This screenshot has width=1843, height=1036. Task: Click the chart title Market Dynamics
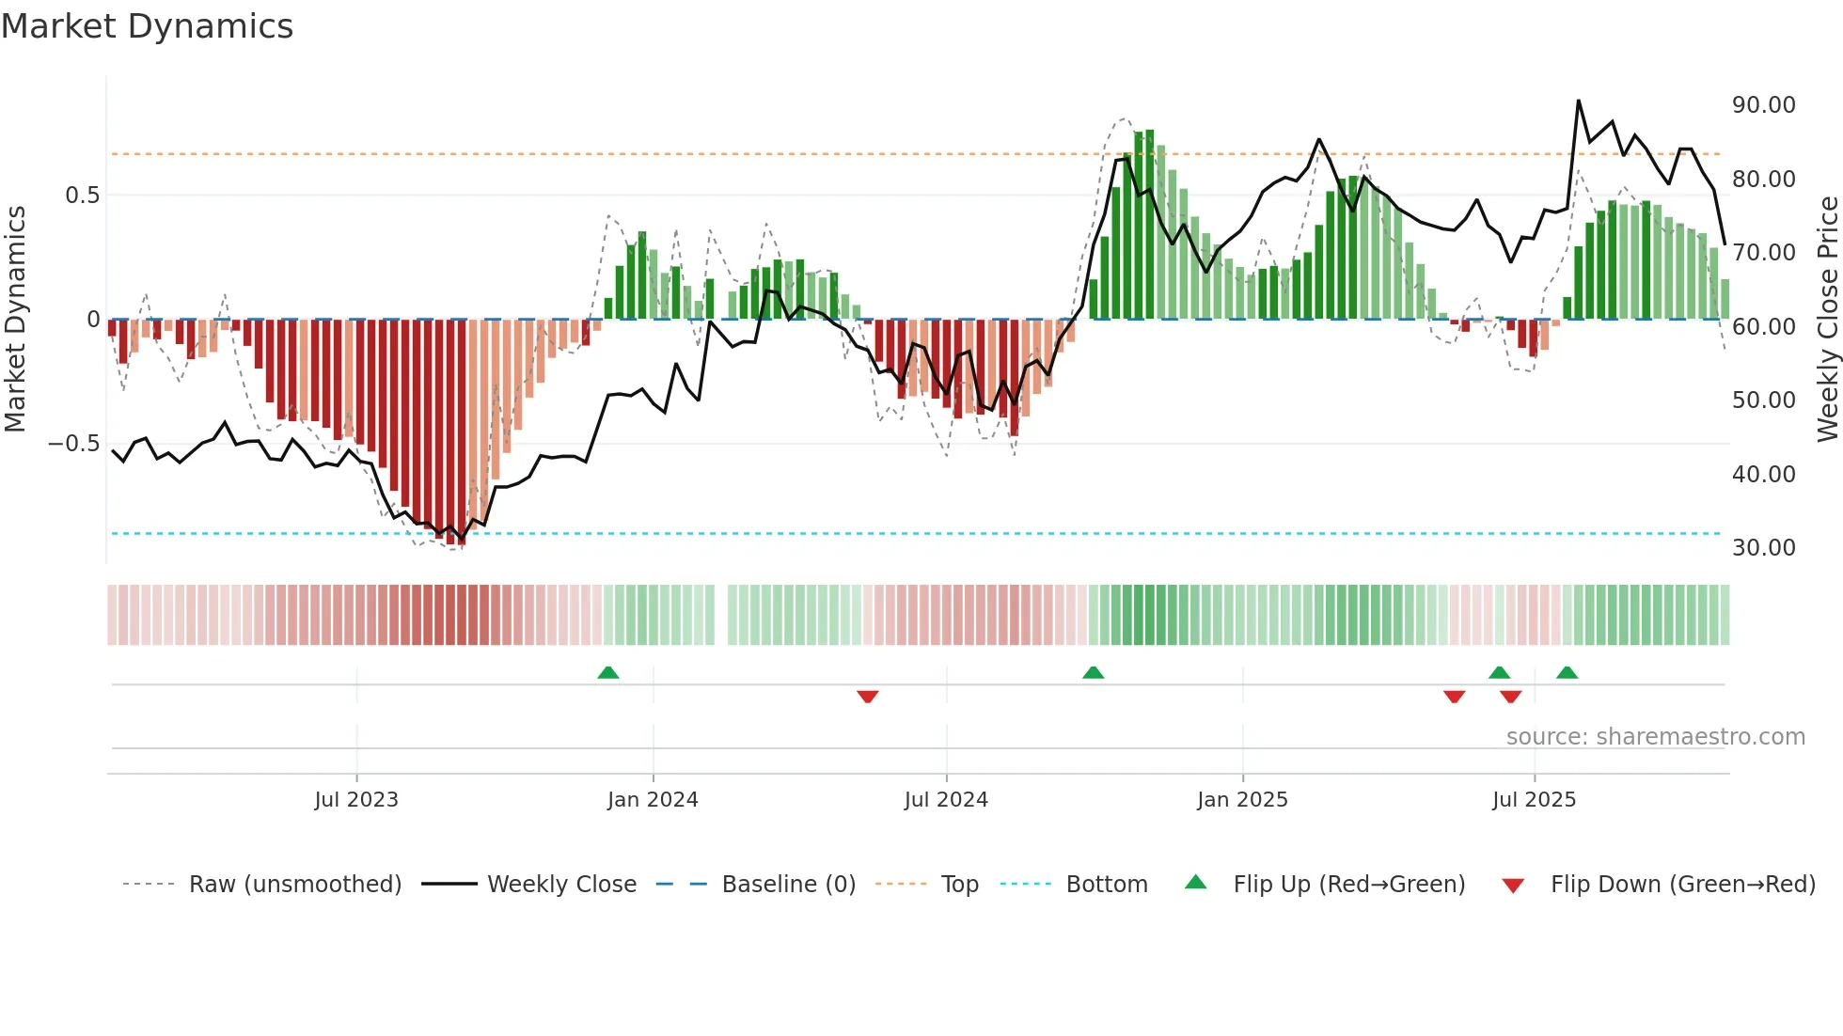click(148, 26)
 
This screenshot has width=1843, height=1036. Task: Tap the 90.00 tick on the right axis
click(1763, 105)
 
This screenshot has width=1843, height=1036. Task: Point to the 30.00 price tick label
click(1763, 548)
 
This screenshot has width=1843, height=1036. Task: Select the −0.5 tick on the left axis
click(73, 444)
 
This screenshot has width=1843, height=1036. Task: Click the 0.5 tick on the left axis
click(82, 196)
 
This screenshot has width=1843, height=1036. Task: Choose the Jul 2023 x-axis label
click(356, 800)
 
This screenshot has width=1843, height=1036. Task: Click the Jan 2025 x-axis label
click(1242, 800)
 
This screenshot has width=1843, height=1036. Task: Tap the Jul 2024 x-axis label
click(946, 800)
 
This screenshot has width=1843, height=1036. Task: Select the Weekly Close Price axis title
click(1827, 320)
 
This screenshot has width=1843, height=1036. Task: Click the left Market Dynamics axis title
click(15, 320)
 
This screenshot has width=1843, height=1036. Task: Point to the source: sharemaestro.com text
click(1655, 737)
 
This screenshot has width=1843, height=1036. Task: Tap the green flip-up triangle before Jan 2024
click(608, 672)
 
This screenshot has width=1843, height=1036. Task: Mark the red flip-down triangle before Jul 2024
click(867, 697)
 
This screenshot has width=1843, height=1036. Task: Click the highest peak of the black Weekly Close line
click(1578, 101)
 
